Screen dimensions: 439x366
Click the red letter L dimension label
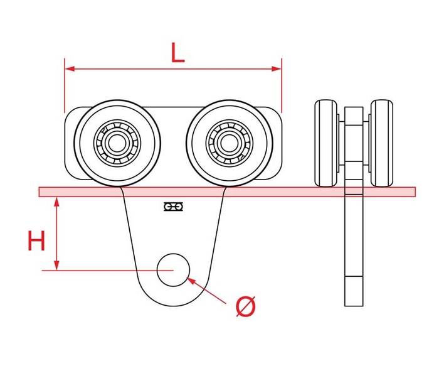pos(177,52)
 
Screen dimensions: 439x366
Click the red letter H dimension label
pos(36,240)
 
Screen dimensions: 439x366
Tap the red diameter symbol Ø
pos(246,306)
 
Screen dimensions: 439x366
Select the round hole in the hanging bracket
pos(173,270)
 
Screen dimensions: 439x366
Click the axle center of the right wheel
pos(229,143)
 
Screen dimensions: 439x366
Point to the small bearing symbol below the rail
pos(173,207)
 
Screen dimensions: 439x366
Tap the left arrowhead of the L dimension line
pos(70,68)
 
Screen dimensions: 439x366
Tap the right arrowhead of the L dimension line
pos(277,68)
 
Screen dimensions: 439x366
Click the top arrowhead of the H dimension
pos(57,202)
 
